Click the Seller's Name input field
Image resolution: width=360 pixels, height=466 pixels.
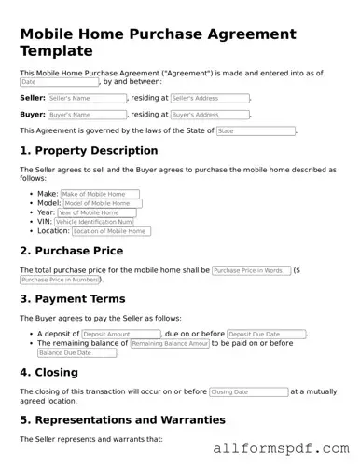87,98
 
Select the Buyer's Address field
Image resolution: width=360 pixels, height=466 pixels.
210,115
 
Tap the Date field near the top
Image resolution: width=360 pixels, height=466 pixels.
60,82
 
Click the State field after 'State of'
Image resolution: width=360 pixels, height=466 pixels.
256,131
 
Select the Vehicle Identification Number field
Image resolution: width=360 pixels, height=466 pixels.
94,222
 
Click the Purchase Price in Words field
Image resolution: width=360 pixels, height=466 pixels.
251,270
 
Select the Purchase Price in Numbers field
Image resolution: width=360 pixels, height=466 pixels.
61,280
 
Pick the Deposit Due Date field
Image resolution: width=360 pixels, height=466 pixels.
267,333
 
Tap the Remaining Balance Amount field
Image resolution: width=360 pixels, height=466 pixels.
170,343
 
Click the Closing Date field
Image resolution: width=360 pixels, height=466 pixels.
248,392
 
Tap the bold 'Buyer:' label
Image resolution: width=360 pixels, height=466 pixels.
32,115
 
